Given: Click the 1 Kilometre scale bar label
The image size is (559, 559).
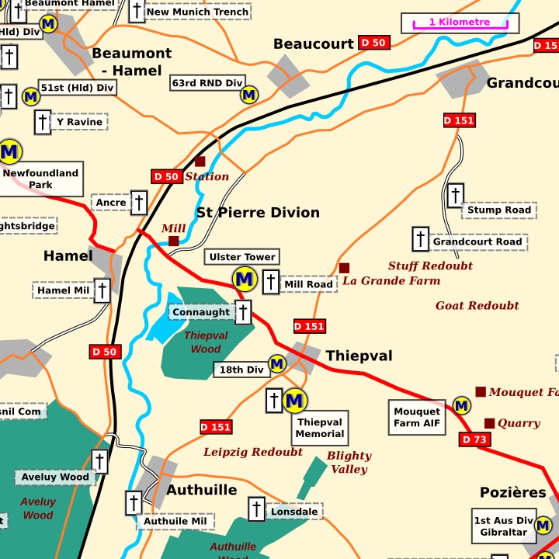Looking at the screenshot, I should pyautogui.click(x=459, y=23).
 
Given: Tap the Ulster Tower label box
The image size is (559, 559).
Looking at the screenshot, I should pyautogui.click(x=243, y=257).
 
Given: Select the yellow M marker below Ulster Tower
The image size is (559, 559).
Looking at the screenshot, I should pyautogui.click(x=245, y=279).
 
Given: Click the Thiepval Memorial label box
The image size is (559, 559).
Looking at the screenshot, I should pyautogui.click(x=319, y=429).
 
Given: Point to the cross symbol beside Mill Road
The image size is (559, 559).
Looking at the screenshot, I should pyautogui.click(x=271, y=282).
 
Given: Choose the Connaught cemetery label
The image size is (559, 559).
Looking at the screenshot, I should pyautogui.click(x=201, y=312).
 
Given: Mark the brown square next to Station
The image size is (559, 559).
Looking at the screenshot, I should pyautogui.click(x=200, y=161).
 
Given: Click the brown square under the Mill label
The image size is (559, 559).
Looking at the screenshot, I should pyautogui.click(x=174, y=241).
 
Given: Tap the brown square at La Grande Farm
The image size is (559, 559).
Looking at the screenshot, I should pyautogui.click(x=344, y=268).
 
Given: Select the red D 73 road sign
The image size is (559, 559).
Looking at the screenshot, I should pyautogui.click(x=475, y=440).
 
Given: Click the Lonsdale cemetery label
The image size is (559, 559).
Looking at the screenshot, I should pyautogui.click(x=294, y=512).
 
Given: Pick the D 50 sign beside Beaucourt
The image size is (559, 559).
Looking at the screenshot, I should pyautogui.click(x=374, y=43).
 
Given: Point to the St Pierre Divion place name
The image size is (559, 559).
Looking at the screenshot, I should pyautogui.click(x=258, y=213).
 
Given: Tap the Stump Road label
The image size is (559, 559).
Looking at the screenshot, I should pyautogui.click(x=500, y=210).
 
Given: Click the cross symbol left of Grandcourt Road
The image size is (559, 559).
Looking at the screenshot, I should pyautogui.click(x=420, y=239).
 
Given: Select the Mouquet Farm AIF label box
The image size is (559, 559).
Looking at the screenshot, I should pyautogui.click(x=417, y=418).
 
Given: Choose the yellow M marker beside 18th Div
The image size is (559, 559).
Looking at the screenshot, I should pyautogui.click(x=277, y=363).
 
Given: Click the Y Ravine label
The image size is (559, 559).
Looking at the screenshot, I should pyautogui.click(x=79, y=122).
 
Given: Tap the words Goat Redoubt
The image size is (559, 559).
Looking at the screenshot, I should pyautogui.click(x=477, y=305).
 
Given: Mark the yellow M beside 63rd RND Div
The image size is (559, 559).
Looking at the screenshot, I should pyautogui.click(x=249, y=95).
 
